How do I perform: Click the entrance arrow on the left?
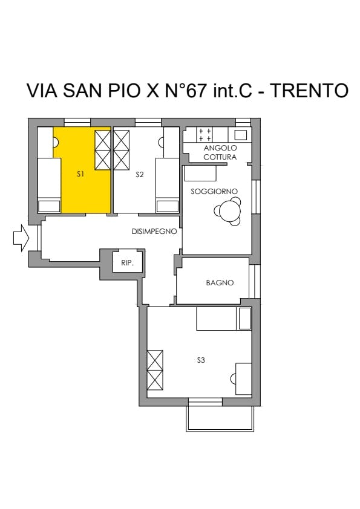[x=21, y=238]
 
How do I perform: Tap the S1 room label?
[x=80, y=174]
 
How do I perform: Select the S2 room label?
[x=139, y=175]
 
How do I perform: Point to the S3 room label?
[x=201, y=360]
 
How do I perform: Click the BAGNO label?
[x=220, y=283]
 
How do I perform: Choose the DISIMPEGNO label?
[x=154, y=232]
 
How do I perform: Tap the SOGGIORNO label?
[x=214, y=192]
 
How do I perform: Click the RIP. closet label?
[x=128, y=263]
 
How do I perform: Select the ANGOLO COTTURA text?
[x=220, y=152]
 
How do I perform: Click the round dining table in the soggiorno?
[x=230, y=212]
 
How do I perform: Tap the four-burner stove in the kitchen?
[x=205, y=135]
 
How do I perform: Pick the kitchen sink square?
[x=240, y=135]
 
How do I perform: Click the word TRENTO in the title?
[x=309, y=91]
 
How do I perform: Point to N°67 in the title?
[x=186, y=91]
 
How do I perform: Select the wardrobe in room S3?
[x=155, y=370]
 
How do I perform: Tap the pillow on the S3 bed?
[x=245, y=319]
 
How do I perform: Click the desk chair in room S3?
[x=232, y=379]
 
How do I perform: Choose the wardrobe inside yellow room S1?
[x=103, y=150]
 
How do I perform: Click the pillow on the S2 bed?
[x=168, y=207]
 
